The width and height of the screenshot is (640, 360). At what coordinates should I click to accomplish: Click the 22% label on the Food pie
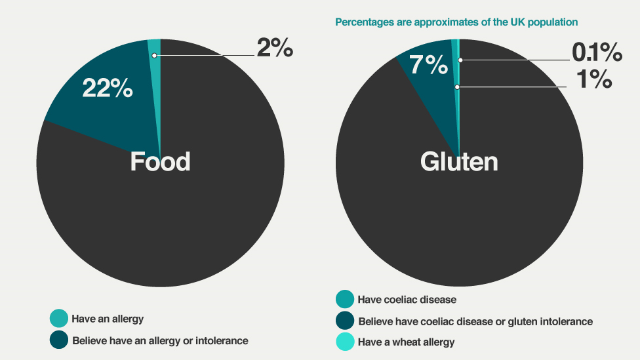click(x=107, y=88)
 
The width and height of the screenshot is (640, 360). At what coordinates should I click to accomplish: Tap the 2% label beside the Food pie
click(x=274, y=48)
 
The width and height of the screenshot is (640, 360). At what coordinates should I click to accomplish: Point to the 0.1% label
click(x=595, y=52)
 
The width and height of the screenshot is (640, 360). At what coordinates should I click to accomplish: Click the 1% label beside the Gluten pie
click(x=594, y=79)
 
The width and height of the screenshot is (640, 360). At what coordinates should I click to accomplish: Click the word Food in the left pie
click(x=160, y=161)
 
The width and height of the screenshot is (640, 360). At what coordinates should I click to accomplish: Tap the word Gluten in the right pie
click(x=459, y=162)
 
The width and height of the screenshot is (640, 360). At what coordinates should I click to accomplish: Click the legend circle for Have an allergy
click(x=58, y=319)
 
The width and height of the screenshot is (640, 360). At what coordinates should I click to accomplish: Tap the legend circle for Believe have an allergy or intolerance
click(x=58, y=340)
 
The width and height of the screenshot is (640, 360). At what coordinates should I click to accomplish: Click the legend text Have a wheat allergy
click(x=406, y=342)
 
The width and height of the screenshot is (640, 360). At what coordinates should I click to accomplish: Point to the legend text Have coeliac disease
click(x=407, y=300)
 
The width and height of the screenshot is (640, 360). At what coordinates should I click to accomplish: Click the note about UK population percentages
click(x=456, y=22)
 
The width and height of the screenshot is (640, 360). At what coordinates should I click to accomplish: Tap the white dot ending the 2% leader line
click(x=153, y=56)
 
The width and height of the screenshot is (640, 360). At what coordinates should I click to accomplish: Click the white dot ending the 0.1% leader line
click(x=460, y=60)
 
